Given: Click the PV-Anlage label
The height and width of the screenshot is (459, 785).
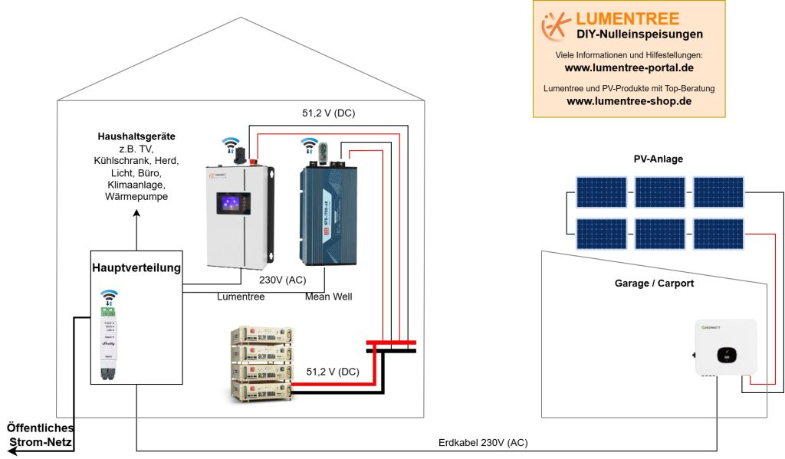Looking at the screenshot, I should [658, 159].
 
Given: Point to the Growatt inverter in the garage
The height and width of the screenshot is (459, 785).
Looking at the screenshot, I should [725, 348].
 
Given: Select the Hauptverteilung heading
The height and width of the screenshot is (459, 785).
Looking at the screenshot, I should [136, 267].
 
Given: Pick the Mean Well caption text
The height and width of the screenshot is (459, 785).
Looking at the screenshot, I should [327, 297].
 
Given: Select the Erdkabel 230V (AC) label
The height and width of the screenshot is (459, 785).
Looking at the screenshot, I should [483, 443].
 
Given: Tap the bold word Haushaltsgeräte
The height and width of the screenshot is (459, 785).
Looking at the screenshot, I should [136, 136].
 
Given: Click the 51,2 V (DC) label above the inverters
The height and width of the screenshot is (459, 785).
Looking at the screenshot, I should [328, 114].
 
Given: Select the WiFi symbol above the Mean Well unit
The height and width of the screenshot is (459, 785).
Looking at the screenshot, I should [309, 142].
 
